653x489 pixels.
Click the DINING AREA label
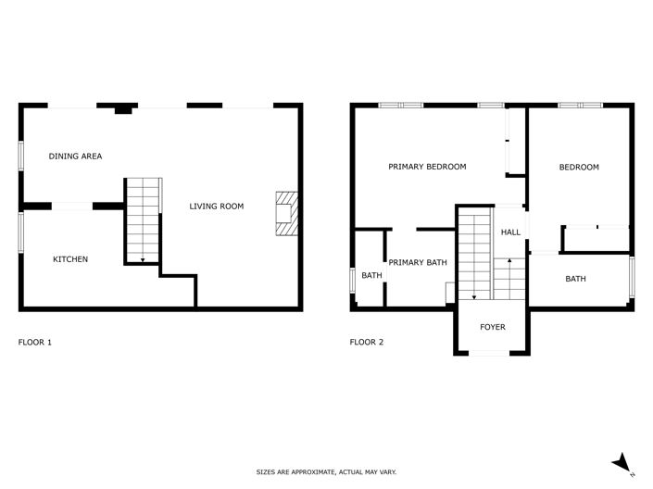pos(75,157)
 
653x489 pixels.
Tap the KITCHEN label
pos(70,259)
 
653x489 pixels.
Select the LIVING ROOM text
pos(217,207)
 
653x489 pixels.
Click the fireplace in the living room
pos(286,214)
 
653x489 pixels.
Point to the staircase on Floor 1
pos(143,220)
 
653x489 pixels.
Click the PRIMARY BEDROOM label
pos(427,167)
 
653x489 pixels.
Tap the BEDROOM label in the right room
pos(579,168)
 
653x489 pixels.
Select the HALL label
pos(510,232)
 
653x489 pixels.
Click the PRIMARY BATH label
pos(417,263)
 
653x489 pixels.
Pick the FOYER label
pos(492,328)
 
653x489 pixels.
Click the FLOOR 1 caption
pos(35,343)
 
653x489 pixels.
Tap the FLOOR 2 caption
pos(366,343)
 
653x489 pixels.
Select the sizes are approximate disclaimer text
pos(326,472)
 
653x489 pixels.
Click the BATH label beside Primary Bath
pos(371,276)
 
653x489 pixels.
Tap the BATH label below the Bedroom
pos(576,279)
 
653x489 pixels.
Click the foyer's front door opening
pos(492,353)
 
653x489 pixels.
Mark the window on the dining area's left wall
pos(20,155)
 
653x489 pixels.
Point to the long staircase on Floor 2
pos(473,254)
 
